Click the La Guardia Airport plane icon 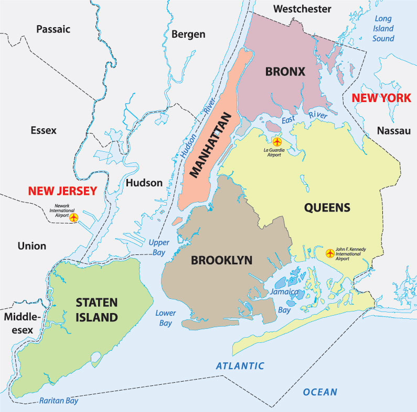pos(277,141)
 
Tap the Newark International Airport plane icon pos(74,217)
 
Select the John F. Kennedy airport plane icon pos(330,253)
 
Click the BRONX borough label pos(285,72)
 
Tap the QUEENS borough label pos(327,208)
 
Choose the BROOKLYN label pos(221,260)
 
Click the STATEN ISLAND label pos(96,309)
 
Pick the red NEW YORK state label pos(381,98)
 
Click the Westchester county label pos(303,9)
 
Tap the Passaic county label pos(53,29)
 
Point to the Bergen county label pos(188,35)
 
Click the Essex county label pos(44,130)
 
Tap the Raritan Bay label pos(58,401)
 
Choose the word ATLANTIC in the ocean pos(240,366)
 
